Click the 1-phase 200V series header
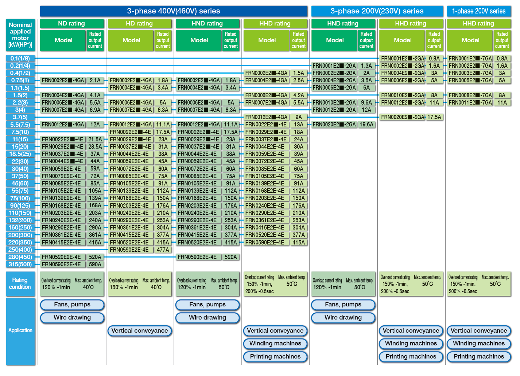(479, 11)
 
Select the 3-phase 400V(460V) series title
(174, 11)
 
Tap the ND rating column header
(72, 23)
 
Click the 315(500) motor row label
(20, 265)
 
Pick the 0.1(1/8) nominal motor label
(20, 58)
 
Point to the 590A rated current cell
(95, 265)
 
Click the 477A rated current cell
(163, 250)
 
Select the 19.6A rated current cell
(366, 125)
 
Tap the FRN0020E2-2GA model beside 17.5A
(403, 117)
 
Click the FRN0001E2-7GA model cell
(470, 58)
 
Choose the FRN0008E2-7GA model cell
(470, 95)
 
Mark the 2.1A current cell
(95, 81)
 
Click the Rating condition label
(20, 284)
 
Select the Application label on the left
(20, 331)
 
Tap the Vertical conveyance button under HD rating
(140, 331)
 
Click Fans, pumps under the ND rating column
(72, 305)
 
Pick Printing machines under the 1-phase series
(479, 357)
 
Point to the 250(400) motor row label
(20, 250)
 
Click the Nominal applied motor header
(20, 35)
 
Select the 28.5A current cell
(95, 147)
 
